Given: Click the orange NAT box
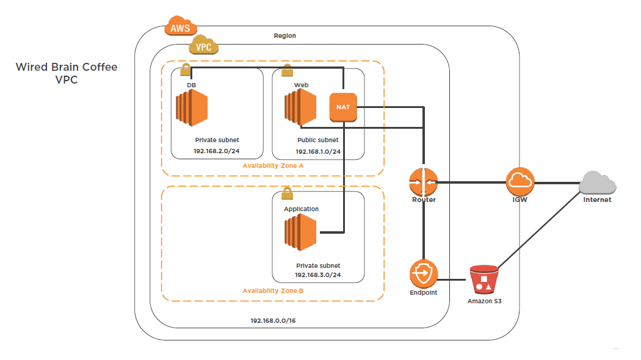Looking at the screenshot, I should coord(343,107).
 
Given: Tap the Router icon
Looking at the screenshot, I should coord(424,181).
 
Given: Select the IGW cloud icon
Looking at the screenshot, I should coord(520,181).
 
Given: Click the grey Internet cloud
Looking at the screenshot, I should coord(597,183).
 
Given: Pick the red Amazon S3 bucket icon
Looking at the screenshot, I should coord(483,280).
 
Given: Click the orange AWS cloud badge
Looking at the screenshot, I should coord(180,27).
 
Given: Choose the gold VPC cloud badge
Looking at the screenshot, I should coord(204,45).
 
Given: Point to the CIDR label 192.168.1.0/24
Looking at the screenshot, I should coord(318,151).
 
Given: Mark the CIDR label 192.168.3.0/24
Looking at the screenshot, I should coord(318,275).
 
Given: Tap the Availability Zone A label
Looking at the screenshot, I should coord(273,166).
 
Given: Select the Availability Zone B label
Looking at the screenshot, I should coord(273,290).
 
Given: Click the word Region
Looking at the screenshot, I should coord(284,36).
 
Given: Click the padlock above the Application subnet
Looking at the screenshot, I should coord(286,194).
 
